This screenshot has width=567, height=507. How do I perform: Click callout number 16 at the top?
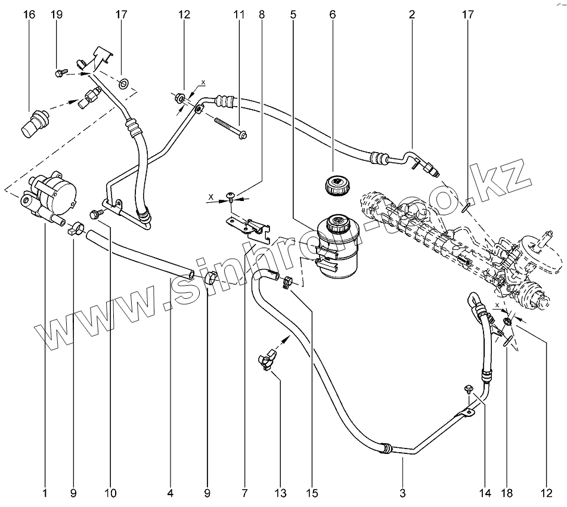coord(29,14)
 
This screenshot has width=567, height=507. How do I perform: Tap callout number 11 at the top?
coord(239,14)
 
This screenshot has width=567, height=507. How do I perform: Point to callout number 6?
coord(332,14)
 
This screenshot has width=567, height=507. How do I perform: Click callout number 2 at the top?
coord(412,14)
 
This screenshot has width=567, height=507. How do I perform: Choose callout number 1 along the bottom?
coord(45,493)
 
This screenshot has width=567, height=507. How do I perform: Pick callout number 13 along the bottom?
coord(281,493)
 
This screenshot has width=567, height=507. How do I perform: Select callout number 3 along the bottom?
coord(402,493)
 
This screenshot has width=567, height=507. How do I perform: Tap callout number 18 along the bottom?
coord(507,493)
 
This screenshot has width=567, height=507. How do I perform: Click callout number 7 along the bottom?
coord(244,493)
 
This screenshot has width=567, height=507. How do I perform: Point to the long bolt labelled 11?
coord(230,128)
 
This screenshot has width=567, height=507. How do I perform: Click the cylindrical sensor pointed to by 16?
coord(35,120)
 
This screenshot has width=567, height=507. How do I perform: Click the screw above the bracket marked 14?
coord(469,389)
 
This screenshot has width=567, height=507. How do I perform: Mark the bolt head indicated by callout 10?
coord(93,213)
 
